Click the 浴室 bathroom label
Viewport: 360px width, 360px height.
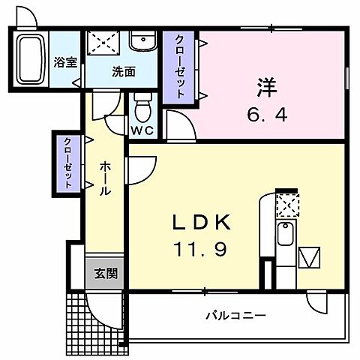click(65, 62)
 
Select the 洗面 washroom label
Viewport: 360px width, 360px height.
click(124, 73)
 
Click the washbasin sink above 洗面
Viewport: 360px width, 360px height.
click(142, 41)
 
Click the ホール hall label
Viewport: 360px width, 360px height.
click(105, 177)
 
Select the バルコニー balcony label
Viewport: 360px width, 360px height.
click(235, 316)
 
